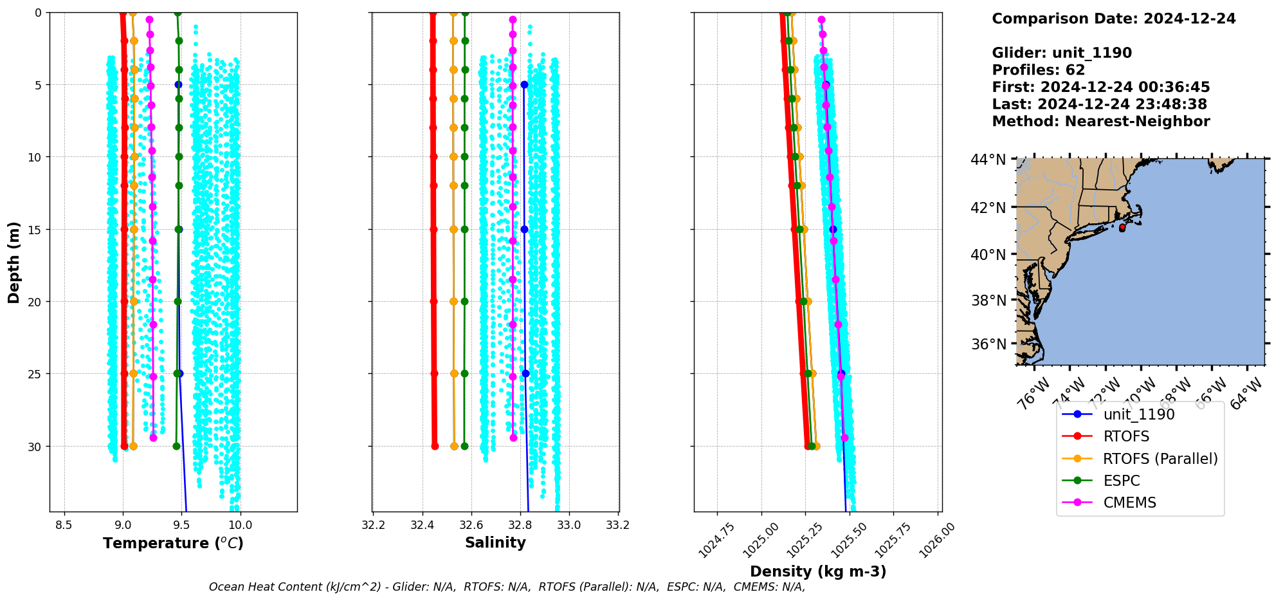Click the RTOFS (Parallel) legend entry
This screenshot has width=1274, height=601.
tap(1160, 459)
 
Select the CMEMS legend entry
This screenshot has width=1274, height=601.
tap(1129, 503)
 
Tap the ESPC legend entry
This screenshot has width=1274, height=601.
tap(1121, 481)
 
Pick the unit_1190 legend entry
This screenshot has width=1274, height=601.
tap(1138, 414)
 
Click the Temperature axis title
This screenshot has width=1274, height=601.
tap(173, 543)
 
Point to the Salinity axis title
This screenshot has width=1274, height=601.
tap(495, 542)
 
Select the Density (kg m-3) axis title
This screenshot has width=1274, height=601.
tap(818, 571)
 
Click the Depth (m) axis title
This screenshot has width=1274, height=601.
tap(14, 263)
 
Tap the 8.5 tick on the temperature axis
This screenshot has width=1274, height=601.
tap(64, 525)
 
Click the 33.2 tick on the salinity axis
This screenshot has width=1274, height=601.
tap(618, 525)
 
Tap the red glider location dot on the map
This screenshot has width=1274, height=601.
tap(1122, 227)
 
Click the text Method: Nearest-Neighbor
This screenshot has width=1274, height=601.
tap(1100, 122)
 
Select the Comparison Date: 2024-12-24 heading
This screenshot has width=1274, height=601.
tap(1113, 19)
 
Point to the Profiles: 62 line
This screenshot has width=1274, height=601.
tap(1038, 70)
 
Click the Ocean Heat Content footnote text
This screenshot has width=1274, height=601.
tap(507, 587)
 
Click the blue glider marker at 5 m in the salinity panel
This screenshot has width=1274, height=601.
tap(524, 84)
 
